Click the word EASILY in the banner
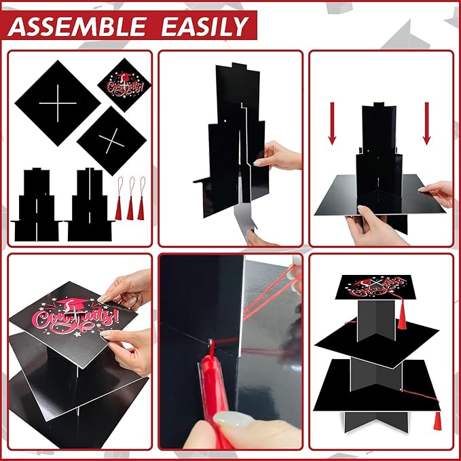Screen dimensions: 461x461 205,26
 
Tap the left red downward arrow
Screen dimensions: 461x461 332,124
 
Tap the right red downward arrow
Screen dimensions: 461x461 427,124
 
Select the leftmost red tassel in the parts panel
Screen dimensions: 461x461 119,199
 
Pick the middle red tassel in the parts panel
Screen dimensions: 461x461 130,199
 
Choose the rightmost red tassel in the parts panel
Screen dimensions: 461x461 141,199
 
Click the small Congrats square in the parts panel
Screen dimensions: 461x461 124,85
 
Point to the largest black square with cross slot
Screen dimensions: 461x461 58,103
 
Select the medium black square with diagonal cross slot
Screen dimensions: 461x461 111,141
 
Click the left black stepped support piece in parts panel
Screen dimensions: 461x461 37,204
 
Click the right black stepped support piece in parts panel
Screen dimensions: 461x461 90,204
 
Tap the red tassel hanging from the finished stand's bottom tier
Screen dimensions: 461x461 437,421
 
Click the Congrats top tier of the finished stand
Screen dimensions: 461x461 375,287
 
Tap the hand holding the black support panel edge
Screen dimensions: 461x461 278,156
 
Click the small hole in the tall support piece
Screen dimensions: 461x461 225,121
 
